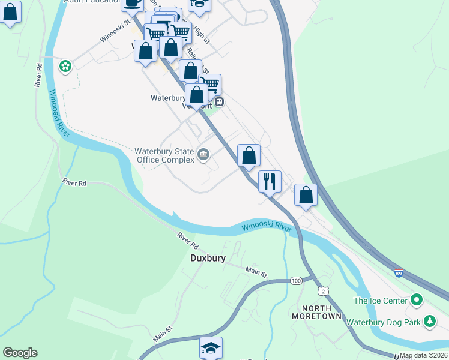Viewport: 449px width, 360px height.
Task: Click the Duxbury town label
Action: click(203, 259)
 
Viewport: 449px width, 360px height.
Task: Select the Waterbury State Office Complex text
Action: click(164, 155)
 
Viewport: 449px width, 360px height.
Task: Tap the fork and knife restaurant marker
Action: click(270, 180)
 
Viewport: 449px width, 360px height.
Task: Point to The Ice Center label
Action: click(379, 300)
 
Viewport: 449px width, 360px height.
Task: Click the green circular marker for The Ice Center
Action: click(416, 299)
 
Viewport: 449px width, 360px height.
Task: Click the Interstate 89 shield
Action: click(399, 272)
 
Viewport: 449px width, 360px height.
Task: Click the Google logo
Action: click(20, 353)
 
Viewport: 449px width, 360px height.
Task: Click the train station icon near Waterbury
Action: click(220, 101)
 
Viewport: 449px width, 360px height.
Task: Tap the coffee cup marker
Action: click(132, 3)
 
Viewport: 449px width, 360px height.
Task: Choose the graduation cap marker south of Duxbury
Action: click(211, 347)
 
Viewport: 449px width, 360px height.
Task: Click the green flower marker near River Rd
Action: click(65, 66)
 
